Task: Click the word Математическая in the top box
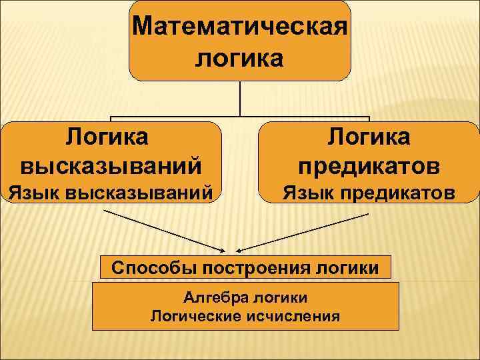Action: point(239,27)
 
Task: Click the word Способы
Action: point(148,268)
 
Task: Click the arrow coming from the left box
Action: point(167,231)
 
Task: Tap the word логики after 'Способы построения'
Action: point(345,268)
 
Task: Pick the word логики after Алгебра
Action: point(279,297)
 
